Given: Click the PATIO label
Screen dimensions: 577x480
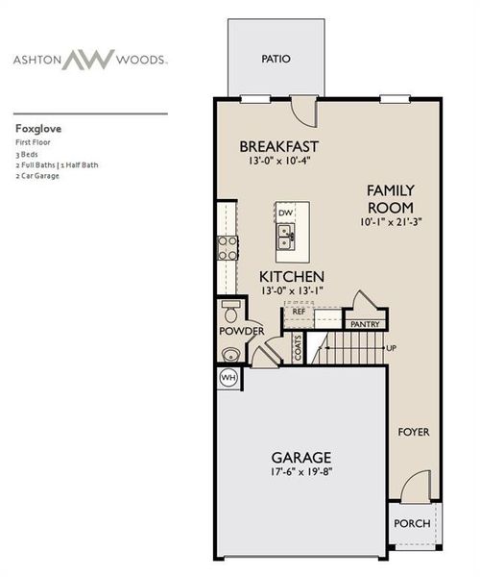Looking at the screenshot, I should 276,59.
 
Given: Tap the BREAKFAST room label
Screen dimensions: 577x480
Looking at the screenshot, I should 278,146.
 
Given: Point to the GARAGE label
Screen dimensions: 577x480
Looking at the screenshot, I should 300,457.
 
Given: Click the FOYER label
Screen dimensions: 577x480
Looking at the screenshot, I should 414,432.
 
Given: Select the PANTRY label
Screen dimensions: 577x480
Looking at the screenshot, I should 365,325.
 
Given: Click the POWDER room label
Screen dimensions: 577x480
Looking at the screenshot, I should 241,331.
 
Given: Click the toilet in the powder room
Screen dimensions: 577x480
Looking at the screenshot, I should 230,312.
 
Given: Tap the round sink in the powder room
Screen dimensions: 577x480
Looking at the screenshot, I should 229,354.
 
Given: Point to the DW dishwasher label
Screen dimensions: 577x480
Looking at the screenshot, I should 285,212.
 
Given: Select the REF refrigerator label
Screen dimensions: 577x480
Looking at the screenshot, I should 299,312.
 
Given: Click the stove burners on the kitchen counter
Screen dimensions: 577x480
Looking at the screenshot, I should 227,248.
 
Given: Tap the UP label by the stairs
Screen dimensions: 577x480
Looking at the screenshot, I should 391,347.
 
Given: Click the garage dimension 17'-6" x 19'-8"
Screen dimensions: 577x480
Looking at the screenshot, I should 300,472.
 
